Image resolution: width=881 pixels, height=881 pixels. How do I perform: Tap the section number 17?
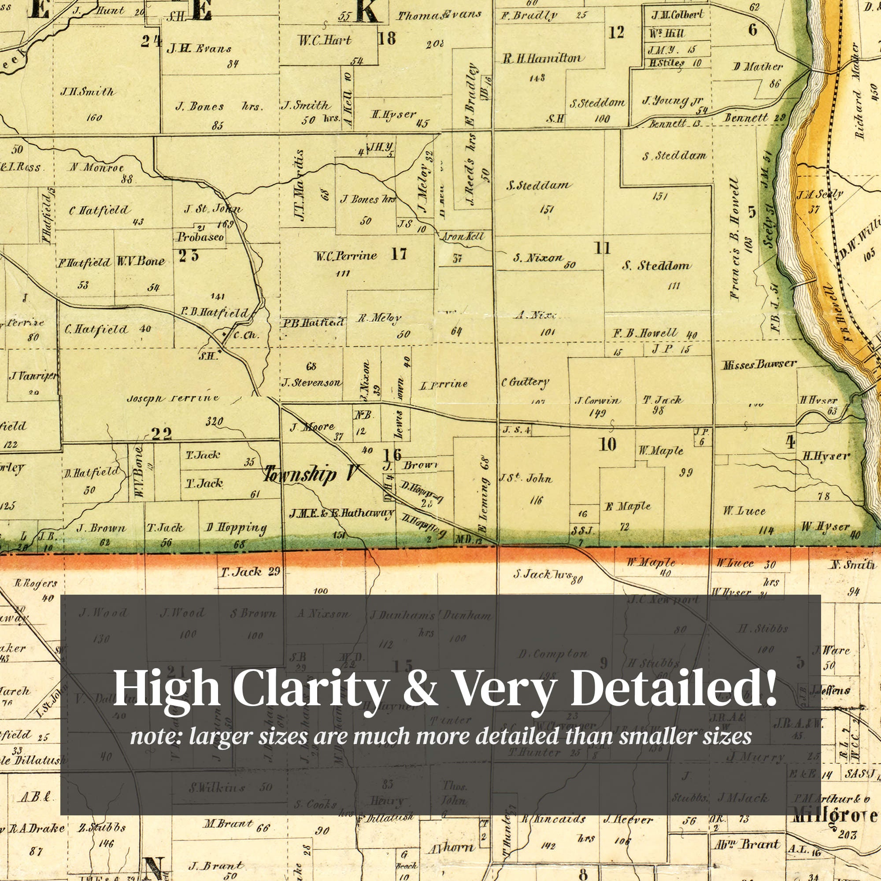399,254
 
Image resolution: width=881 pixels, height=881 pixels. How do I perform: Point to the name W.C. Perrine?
346,256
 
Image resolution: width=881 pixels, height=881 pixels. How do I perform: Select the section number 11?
602,248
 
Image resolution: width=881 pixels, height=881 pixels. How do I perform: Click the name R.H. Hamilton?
542,59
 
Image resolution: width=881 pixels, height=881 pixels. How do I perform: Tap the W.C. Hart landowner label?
325,41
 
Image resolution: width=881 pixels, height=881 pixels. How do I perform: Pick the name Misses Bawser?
759,364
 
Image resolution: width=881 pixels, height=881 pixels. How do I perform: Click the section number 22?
161,433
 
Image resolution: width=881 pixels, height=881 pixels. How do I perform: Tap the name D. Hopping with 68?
236,528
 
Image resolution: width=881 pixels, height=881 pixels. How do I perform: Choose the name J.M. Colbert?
677,15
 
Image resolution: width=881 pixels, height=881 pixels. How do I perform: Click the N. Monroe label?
96,167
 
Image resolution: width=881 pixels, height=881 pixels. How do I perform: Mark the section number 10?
607,444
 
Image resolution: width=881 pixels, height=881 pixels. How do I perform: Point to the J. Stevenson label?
311,382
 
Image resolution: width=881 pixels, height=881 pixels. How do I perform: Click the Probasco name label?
200,237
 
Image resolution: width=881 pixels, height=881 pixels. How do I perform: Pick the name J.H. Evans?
199,48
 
